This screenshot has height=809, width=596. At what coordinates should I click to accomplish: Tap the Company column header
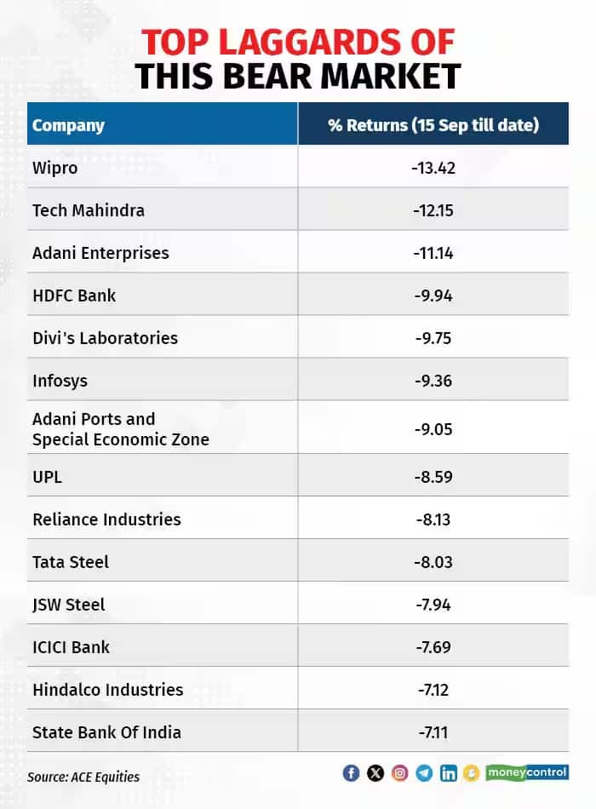pos(68,125)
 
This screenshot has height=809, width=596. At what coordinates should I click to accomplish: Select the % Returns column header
pos(433,125)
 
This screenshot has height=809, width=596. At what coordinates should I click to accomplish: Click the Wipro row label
pos(55,168)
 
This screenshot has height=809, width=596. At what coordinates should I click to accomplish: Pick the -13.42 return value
pos(433,168)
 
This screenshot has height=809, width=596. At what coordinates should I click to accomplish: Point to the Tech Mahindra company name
pos(89,210)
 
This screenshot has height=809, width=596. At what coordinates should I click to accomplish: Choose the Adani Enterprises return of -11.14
pos(433,253)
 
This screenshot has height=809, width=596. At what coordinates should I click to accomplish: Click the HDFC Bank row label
pos(74,295)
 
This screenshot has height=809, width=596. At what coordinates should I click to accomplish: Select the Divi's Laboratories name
pos(105,338)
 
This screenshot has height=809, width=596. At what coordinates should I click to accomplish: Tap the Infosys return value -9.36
pos(433,381)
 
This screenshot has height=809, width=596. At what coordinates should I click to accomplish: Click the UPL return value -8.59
pos(433,477)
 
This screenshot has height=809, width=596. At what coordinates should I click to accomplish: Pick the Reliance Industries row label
pos(106,519)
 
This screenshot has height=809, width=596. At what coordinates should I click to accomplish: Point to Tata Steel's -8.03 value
pos(433,562)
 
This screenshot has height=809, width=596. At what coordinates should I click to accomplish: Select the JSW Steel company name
pos(69,605)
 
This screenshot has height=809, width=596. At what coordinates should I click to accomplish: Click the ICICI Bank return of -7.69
pos(433,647)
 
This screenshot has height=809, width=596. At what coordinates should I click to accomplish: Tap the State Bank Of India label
pos(106,732)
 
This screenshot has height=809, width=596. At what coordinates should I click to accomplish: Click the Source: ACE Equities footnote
pos(83,777)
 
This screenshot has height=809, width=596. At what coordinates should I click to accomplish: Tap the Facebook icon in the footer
pos(351,773)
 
